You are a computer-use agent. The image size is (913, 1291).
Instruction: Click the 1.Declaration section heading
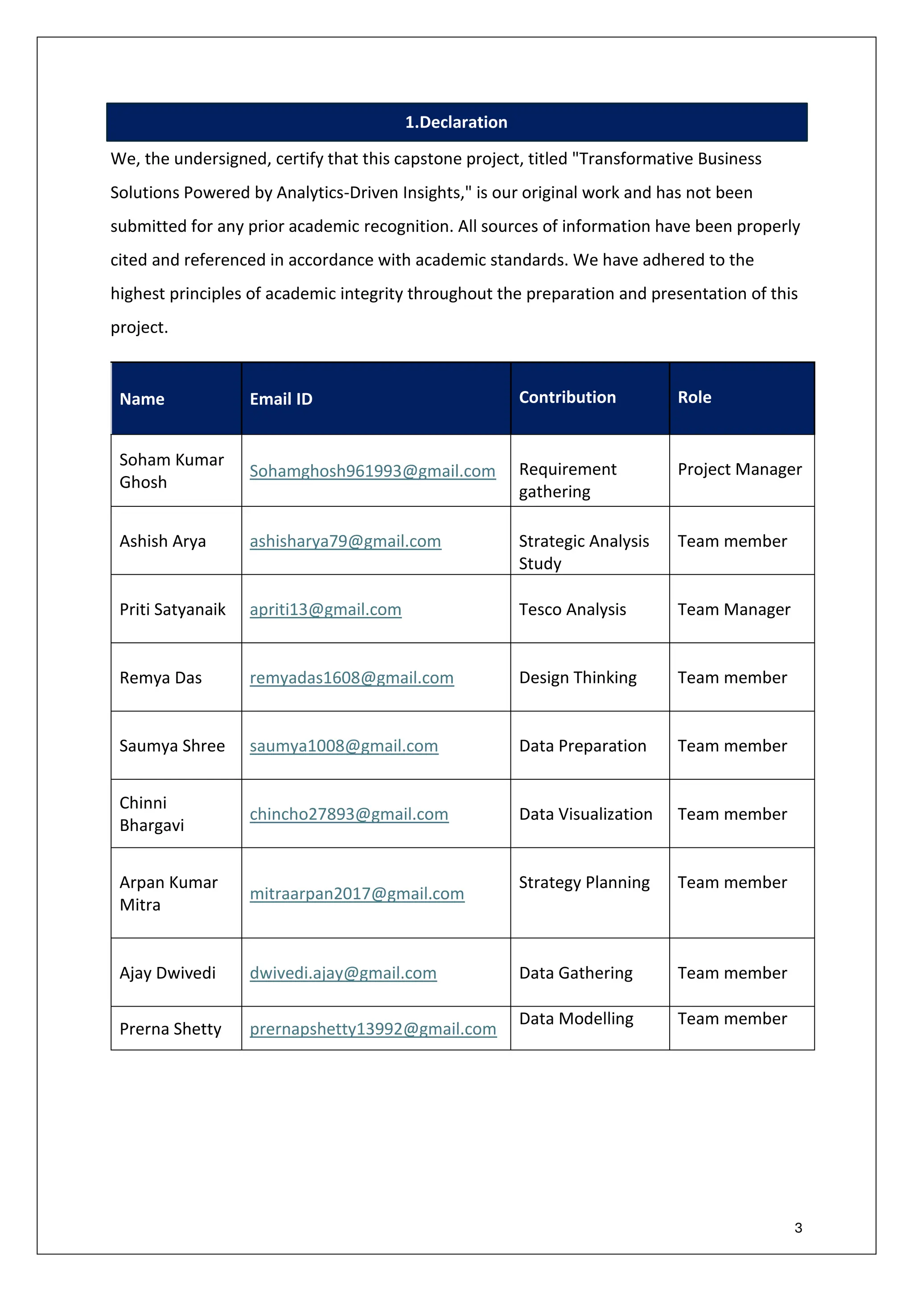(x=456, y=122)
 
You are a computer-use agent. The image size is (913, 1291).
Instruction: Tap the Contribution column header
(x=567, y=398)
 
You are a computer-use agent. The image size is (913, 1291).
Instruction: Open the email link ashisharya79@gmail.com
(x=345, y=542)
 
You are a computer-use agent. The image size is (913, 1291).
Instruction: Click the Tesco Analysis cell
(x=572, y=609)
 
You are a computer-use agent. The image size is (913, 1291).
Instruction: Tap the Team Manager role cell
(x=734, y=609)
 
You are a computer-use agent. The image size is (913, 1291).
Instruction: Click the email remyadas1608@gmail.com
(x=351, y=678)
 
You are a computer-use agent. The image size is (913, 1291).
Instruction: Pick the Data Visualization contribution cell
(x=585, y=814)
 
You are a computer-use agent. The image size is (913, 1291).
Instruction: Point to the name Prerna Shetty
(x=170, y=1029)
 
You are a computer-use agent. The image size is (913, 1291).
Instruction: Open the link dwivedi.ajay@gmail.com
(x=343, y=973)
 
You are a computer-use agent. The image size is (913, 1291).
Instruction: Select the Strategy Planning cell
(x=584, y=883)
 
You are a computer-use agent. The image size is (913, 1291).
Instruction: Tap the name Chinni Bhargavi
(x=151, y=814)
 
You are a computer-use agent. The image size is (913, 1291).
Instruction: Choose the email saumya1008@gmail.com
(x=344, y=746)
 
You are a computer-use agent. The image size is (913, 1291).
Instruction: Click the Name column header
(x=142, y=399)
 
